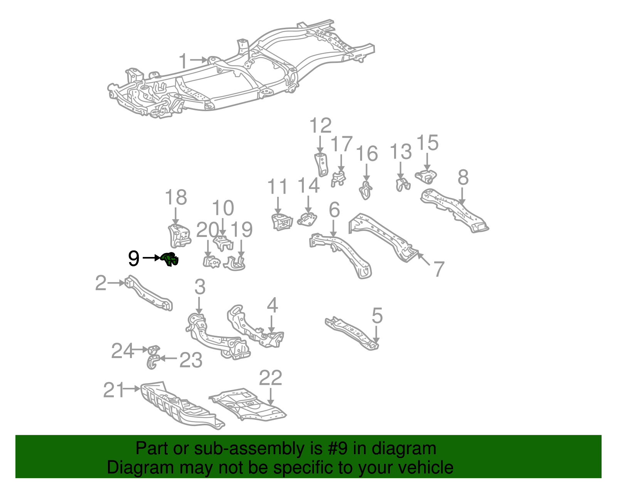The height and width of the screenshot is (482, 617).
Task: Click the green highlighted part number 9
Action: [170, 259]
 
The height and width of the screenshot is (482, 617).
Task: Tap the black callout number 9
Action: [133, 259]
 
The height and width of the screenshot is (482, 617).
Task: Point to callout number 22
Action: [270, 378]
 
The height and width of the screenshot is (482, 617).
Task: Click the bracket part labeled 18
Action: [179, 235]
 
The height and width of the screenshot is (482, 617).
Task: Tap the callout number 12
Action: [320, 126]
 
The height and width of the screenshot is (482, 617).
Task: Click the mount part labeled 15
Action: [426, 177]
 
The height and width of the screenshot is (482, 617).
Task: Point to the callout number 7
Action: [439, 269]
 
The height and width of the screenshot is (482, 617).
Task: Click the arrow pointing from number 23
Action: [169, 359]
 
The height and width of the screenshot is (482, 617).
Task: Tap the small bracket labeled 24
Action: [154, 350]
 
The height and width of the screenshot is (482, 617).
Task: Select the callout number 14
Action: [308, 186]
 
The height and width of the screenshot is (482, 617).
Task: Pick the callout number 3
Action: [200, 287]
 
